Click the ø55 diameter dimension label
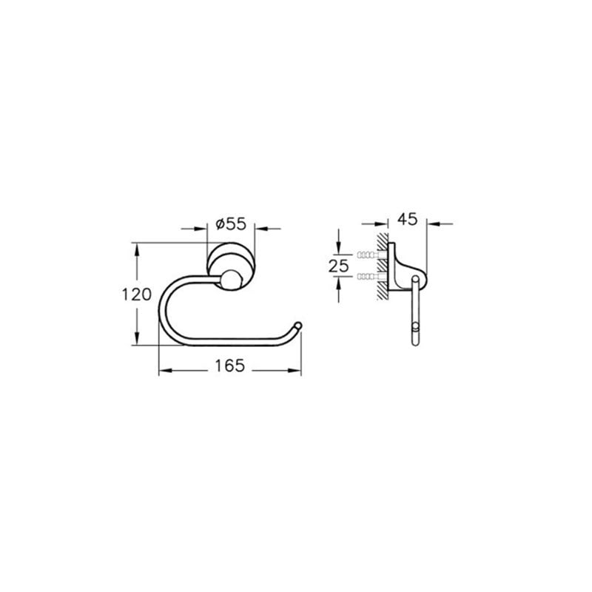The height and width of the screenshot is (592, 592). coord(231,224)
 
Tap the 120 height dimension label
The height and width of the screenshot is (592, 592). coord(136,294)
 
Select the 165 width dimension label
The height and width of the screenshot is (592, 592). coord(230,366)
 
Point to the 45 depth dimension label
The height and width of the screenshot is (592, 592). coord(408,219)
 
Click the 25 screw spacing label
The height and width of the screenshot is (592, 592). coord(339,266)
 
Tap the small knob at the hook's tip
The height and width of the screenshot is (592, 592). coord(298,325)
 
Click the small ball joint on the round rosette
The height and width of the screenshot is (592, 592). coord(230,280)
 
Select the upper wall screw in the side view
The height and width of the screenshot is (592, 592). coord(371,255)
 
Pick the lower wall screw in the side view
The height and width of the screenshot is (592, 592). coord(371,277)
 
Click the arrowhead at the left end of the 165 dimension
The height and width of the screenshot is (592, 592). coord(165,371)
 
